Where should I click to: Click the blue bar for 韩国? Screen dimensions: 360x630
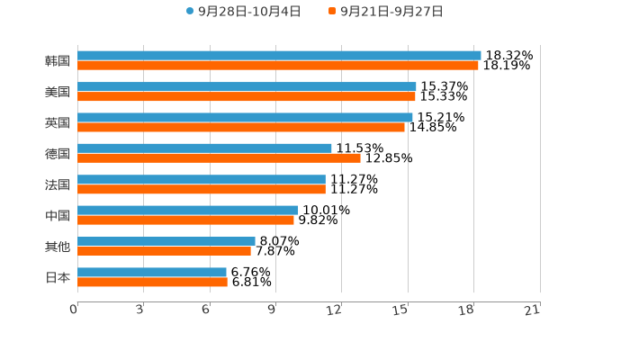[279, 56]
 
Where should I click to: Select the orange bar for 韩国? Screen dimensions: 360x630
[278, 66]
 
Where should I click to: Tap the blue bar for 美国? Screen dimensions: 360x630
[247, 86]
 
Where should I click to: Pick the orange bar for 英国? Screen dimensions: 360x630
[241, 127]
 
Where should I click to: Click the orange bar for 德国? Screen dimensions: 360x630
[219, 157]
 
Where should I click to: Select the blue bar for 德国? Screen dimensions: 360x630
[204, 148]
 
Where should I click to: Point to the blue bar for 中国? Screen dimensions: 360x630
[187, 211]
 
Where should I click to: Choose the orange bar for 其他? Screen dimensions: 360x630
[164, 251]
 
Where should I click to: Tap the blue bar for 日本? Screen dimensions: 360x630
[152, 272]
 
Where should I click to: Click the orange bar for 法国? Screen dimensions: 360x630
[202, 189]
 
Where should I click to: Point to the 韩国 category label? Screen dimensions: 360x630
[58, 61]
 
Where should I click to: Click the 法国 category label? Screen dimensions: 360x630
[58, 184]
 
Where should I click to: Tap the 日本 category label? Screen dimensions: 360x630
[58, 277]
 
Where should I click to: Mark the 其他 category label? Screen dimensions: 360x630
[58, 247]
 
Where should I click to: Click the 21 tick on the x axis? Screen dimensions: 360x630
[532, 310]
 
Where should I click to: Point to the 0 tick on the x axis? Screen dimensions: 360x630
[74, 310]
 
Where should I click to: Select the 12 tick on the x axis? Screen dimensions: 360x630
[335, 310]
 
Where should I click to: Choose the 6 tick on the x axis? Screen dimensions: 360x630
[206, 310]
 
